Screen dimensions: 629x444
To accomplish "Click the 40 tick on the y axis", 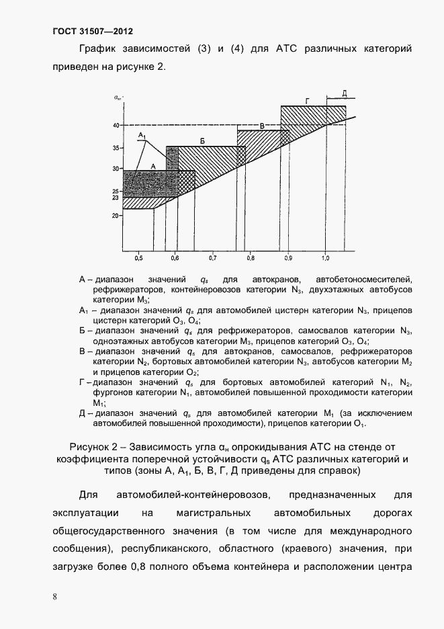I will pyautogui.click(x=116, y=125).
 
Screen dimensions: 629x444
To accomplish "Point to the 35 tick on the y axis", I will pyautogui.click(x=116, y=147).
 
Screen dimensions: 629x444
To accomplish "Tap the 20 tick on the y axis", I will pyautogui.click(x=116, y=216).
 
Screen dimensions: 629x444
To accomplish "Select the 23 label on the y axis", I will pyautogui.click(x=116, y=198).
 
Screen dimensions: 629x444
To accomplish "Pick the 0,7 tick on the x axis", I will pyautogui.click(x=213, y=257).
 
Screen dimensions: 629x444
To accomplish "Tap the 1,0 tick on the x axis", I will pyautogui.click(x=326, y=257).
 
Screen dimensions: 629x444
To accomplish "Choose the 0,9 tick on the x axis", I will pyautogui.click(x=288, y=257).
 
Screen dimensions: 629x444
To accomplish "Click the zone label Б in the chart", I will pyautogui.click(x=202, y=140).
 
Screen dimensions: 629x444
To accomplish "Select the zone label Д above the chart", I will pyautogui.click(x=343, y=92).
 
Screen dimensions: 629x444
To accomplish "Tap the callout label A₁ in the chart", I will pyautogui.click(x=142, y=136).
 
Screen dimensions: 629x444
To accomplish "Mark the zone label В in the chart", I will pyautogui.click(x=263, y=126).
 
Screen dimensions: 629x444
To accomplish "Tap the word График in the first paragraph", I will pyautogui.click(x=99, y=49).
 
